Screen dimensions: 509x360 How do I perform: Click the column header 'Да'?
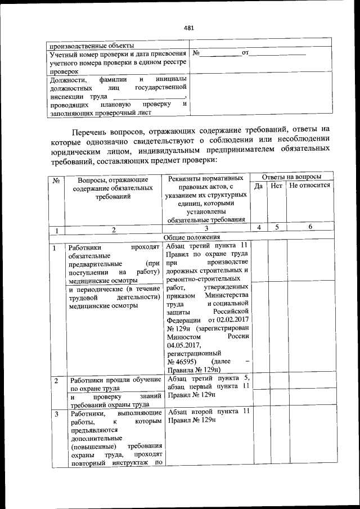[259, 185]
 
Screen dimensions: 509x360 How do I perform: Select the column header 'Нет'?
[276, 185]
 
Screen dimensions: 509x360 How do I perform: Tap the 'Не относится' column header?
[309, 185]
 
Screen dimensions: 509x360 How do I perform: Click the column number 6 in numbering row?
[309, 227]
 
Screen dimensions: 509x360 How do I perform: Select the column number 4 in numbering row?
[259, 227]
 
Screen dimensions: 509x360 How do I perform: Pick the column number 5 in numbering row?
[276, 227]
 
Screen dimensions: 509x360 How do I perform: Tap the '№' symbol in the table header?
[56, 181]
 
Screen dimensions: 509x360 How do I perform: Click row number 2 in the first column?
[56, 380]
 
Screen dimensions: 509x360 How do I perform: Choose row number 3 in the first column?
[56, 414]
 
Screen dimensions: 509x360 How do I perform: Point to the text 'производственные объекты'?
[91, 45]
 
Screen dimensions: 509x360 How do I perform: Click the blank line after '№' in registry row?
[220, 53]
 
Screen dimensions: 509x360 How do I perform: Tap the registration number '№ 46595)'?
[181, 361]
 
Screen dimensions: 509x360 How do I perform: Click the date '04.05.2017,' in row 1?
[183, 345]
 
